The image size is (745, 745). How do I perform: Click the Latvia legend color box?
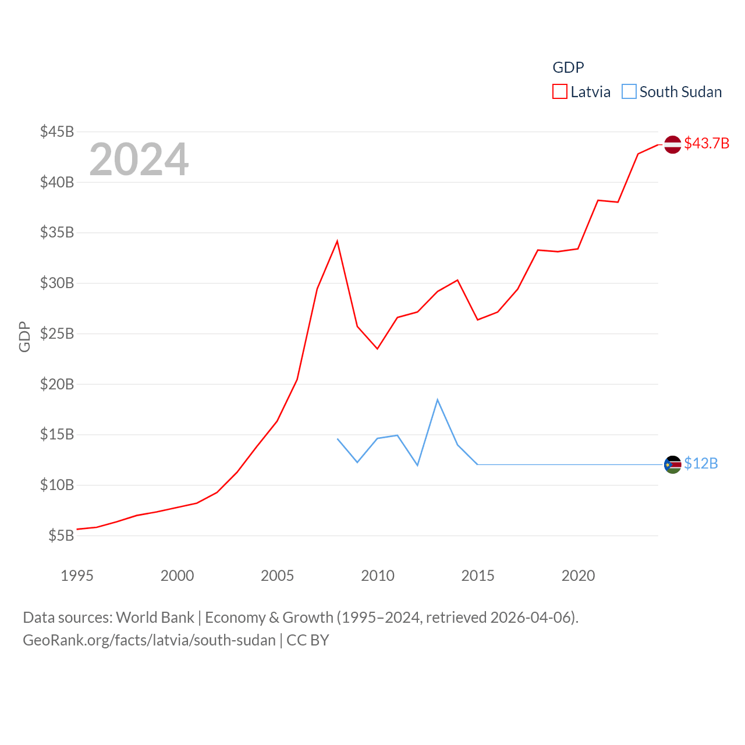560,92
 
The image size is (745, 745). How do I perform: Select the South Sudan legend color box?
629,92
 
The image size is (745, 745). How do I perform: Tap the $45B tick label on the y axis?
57,132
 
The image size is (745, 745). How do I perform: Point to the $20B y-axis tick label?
57,384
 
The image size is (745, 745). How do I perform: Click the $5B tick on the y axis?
61,535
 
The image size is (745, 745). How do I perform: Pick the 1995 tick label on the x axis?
77,576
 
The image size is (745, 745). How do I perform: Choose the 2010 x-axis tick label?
378,576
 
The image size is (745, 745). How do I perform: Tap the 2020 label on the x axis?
578,576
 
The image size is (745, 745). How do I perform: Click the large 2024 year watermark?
139,159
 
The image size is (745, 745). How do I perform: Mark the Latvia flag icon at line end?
673,144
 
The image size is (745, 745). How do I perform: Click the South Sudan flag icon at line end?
673,464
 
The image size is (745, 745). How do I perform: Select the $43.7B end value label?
707,143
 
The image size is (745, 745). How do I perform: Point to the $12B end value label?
701,463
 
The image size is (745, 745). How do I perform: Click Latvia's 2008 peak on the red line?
337,241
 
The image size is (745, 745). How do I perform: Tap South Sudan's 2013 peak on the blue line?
438,399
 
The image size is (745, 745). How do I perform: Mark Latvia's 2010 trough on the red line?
377,349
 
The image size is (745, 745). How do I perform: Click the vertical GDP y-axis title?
24,336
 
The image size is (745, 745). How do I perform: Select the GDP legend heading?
568,68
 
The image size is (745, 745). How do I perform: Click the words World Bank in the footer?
155,618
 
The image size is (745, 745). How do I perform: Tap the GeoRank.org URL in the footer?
149,640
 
